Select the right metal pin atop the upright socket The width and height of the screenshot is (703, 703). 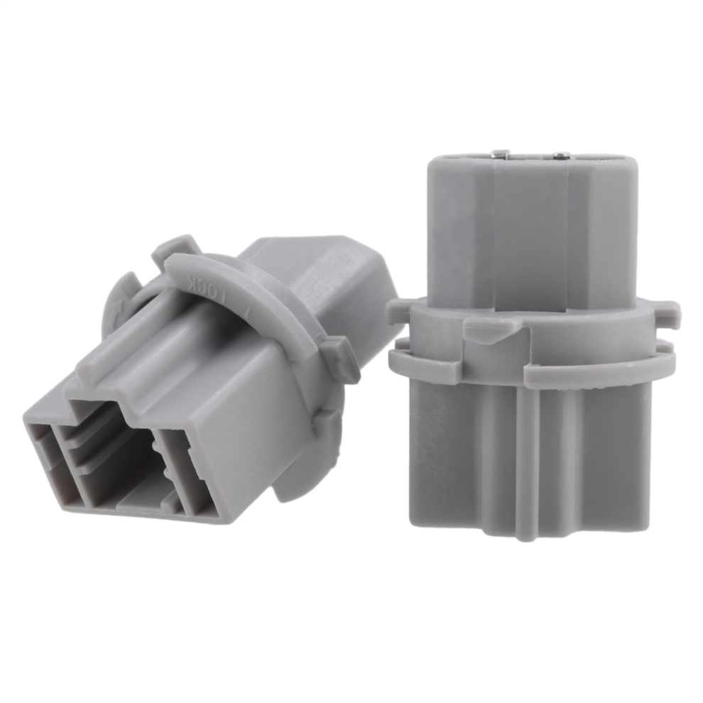pyautogui.click(x=560, y=156)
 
